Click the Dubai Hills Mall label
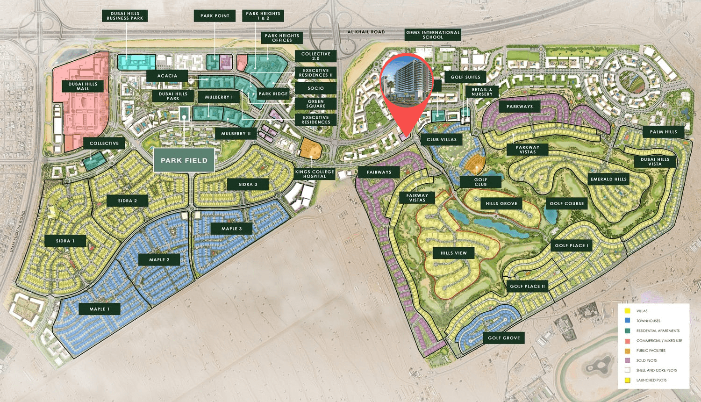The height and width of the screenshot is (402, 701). (x=83, y=86)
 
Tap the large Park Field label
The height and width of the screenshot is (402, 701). (x=184, y=160)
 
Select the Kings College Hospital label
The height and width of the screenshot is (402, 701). (x=315, y=174)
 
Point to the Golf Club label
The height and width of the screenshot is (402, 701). (x=480, y=182)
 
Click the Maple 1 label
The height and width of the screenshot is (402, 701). (x=100, y=309)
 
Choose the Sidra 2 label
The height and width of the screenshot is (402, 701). (x=128, y=201)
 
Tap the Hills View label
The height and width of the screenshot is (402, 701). (x=453, y=253)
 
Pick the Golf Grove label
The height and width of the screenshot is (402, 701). (x=504, y=338)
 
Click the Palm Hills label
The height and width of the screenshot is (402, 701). (x=663, y=132)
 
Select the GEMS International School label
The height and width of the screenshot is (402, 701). (x=433, y=35)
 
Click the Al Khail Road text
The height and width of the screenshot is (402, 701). (x=366, y=32)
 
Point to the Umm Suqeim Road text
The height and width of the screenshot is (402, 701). (x=18, y=232)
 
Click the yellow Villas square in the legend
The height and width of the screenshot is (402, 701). (x=628, y=311)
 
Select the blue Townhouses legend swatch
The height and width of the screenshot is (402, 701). (x=628, y=321)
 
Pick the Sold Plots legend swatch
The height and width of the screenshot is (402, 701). (x=628, y=360)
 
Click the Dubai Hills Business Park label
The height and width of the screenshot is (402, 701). (x=125, y=16)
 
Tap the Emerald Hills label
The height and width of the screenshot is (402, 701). (x=608, y=179)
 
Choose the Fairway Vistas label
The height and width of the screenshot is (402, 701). (x=417, y=198)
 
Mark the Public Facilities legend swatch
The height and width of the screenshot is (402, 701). (x=628, y=351)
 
